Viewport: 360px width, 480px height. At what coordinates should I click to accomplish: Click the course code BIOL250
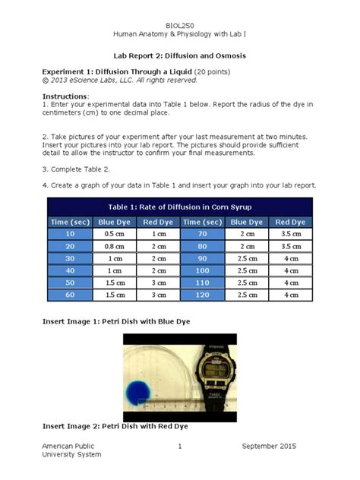click(179, 26)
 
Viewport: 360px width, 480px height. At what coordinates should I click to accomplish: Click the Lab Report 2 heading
click(179, 56)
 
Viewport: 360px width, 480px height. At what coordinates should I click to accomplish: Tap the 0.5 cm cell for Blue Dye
click(113, 234)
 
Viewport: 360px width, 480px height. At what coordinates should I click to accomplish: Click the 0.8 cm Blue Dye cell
click(113, 246)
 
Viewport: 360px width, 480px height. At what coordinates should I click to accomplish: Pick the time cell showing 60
click(71, 294)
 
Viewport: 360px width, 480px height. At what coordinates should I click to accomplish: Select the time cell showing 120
click(201, 294)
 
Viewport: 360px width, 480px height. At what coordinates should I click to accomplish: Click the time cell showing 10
click(71, 234)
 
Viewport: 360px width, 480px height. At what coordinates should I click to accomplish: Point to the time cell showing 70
click(201, 234)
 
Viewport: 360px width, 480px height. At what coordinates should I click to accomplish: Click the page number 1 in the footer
click(179, 446)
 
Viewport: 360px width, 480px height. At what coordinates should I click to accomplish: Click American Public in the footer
click(66, 446)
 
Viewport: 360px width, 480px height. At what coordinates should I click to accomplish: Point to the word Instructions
click(65, 97)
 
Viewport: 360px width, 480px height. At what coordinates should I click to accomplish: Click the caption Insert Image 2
click(115, 426)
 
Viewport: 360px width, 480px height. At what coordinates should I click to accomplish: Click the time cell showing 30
click(71, 258)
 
